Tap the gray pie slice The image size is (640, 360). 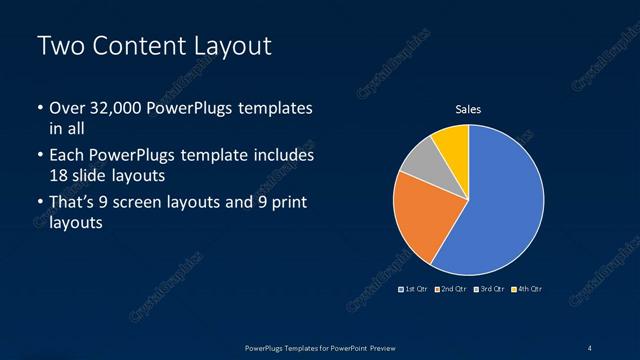(421, 161)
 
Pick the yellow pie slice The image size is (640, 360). (453, 142)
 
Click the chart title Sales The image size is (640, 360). (468, 109)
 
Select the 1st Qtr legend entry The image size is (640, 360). (414, 289)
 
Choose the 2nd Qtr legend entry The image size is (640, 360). (451, 289)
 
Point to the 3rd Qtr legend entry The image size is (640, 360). (489, 289)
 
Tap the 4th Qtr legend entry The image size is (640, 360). (527, 289)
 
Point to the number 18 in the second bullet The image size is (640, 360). (60, 175)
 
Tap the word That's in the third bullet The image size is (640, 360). (74, 203)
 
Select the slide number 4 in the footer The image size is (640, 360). (590, 347)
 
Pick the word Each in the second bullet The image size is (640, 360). (67, 156)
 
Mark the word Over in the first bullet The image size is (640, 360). (68, 108)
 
